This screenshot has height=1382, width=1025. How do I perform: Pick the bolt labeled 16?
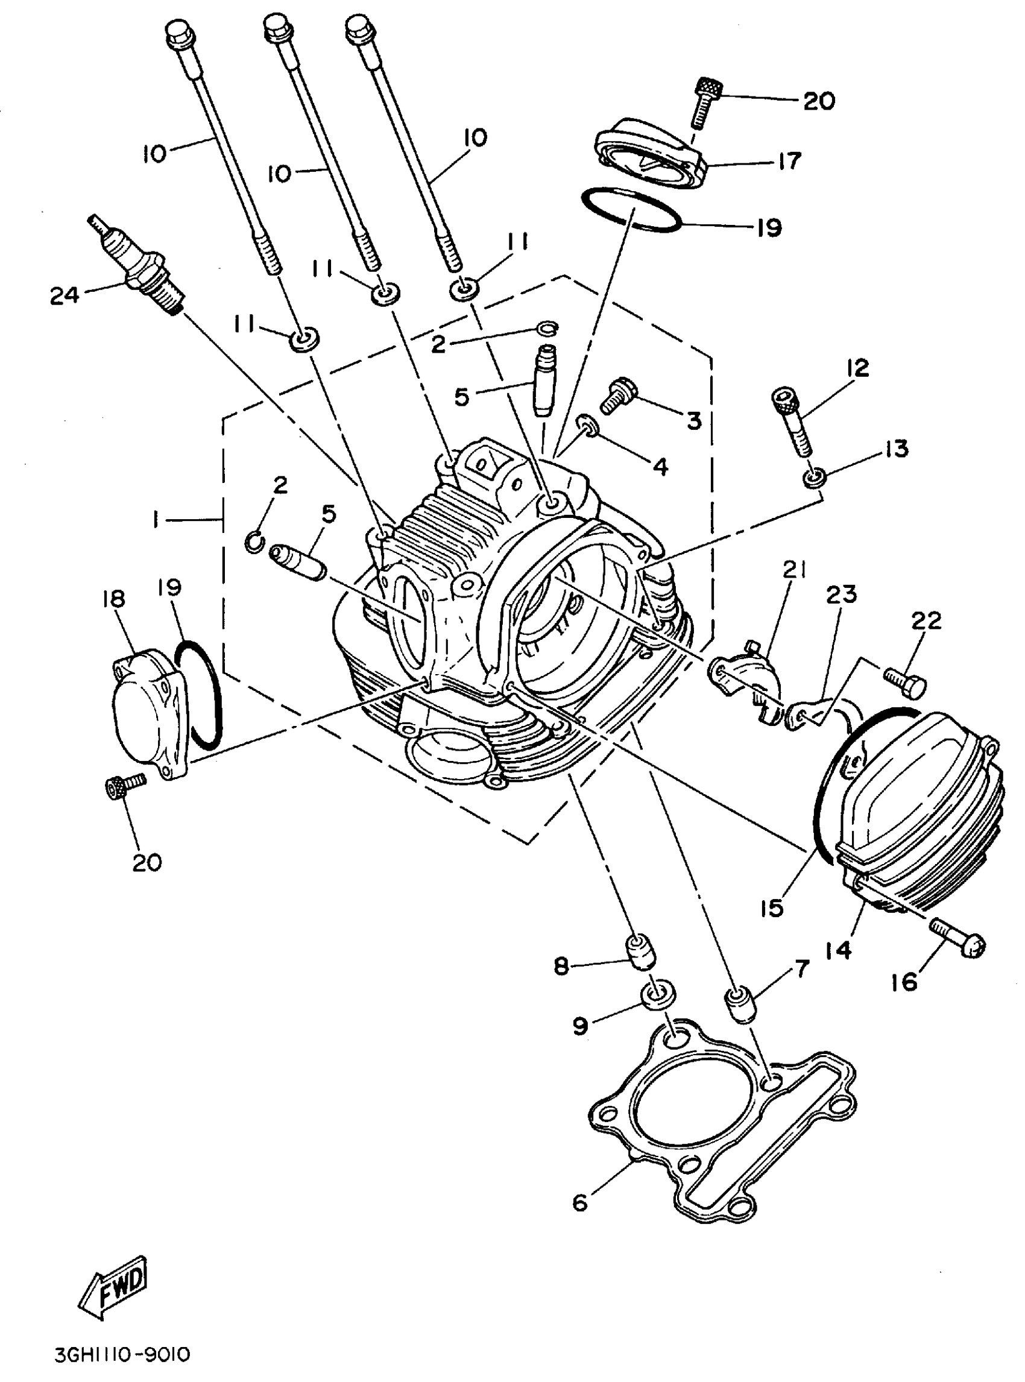(959, 944)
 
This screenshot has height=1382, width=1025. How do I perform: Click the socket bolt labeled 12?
(792, 421)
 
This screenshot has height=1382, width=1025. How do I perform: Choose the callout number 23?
(842, 595)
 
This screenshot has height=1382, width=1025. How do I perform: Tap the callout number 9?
(580, 1027)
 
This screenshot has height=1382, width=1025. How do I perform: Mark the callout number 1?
(154, 520)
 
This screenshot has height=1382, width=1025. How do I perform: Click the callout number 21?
(795, 570)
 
